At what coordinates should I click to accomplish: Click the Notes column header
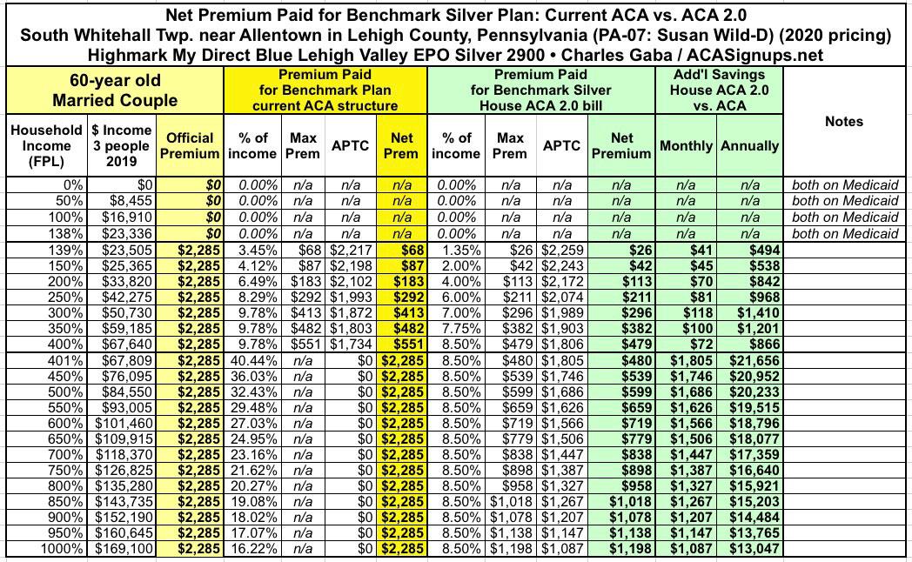843,122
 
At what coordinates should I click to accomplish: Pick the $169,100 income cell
123,550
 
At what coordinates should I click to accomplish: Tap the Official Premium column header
190,145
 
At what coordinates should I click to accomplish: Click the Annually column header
749,146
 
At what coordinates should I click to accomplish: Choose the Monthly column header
686,146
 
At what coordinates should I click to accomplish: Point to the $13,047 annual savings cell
749,550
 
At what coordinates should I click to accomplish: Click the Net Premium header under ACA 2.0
621,145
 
